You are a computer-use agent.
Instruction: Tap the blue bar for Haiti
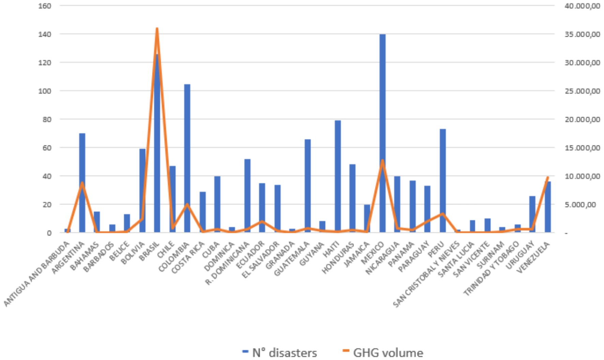click(337, 177)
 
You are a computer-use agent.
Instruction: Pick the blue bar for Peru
click(442, 181)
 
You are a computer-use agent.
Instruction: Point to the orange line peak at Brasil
click(157, 29)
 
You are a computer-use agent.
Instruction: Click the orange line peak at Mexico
click(382, 160)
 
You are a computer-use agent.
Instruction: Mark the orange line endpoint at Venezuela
click(548, 177)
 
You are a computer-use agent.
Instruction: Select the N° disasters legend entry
click(280, 353)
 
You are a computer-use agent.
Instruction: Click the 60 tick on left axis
click(46, 148)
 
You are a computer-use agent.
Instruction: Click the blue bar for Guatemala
click(307, 186)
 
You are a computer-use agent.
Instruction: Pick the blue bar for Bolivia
click(142, 191)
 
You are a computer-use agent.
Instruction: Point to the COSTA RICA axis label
click(188, 257)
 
